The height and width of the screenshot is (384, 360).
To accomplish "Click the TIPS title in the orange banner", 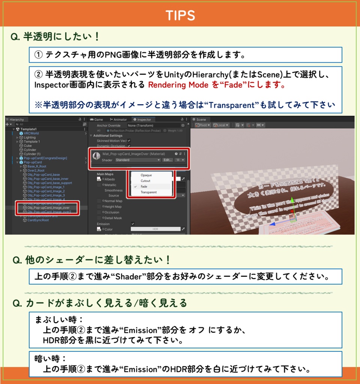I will [x=180, y=15].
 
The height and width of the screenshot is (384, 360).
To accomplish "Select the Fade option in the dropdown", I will [x=144, y=186].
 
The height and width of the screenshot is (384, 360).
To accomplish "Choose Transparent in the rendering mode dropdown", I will [x=148, y=192].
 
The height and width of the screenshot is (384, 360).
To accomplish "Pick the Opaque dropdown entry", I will [x=146, y=175].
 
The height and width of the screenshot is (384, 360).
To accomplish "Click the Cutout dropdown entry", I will [x=145, y=181].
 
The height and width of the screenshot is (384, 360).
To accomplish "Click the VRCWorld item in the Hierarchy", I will [x=31, y=133].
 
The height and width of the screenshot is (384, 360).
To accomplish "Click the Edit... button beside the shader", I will [x=167, y=160].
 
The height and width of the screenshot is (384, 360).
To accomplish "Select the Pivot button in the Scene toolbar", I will [x=203, y=125].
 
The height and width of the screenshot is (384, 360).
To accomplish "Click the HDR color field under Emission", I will [x=155, y=229].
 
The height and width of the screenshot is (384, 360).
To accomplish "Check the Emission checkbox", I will [x=133, y=223].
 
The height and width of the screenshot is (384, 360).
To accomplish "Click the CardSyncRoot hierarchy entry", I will [x=38, y=220].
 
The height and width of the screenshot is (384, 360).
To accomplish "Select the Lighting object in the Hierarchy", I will [x=30, y=137].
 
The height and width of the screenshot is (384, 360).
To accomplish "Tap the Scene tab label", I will [x=201, y=120].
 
